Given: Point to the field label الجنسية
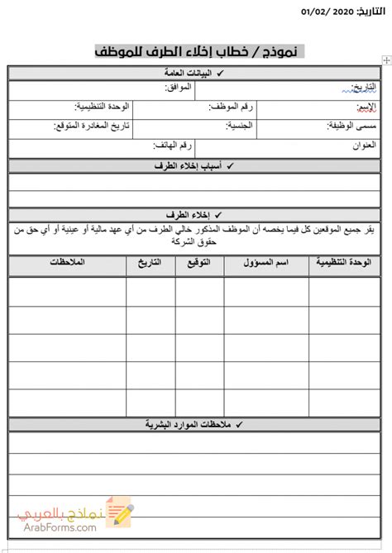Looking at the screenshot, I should [x=241, y=126].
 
